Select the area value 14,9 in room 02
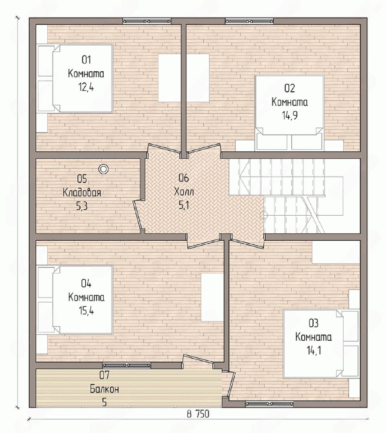click(290, 115)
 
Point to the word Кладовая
click(82, 193)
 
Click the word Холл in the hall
click(184, 192)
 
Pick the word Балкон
click(104, 389)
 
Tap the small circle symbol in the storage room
click(103, 169)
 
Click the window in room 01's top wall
click(147, 21)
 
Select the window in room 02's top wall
click(249, 21)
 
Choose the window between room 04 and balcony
click(127, 365)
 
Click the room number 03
click(314, 323)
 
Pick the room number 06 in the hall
click(184, 178)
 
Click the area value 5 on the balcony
click(104, 403)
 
